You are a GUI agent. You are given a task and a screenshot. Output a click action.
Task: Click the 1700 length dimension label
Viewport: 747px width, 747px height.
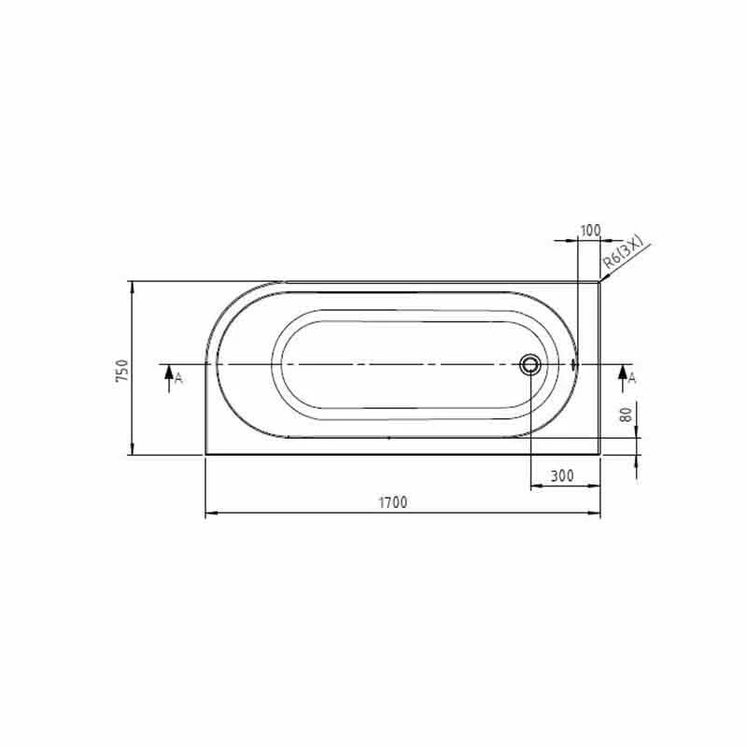(x=392, y=502)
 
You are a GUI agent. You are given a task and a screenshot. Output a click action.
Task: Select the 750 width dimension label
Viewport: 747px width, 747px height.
(x=120, y=370)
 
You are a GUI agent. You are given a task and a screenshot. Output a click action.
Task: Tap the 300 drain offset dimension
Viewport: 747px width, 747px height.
(x=561, y=476)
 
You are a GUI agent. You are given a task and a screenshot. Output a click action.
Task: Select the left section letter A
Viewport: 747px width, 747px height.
(x=179, y=377)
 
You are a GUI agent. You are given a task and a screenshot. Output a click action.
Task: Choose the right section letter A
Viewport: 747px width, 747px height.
(x=632, y=377)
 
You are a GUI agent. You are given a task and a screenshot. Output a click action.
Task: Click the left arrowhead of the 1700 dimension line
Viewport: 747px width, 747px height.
(x=209, y=514)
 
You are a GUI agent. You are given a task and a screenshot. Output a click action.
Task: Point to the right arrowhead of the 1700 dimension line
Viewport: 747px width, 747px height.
(x=597, y=514)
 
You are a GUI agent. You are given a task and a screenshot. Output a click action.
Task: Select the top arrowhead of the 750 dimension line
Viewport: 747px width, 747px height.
(x=133, y=285)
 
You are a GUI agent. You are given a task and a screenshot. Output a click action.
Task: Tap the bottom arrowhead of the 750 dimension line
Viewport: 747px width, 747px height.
(x=133, y=451)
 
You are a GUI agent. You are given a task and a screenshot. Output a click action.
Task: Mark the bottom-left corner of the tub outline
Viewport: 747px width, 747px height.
(x=205, y=455)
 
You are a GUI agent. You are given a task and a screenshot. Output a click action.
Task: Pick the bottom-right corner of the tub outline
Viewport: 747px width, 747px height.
(x=600, y=455)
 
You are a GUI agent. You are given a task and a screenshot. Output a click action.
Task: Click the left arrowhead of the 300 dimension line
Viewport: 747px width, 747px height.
(x=534, y=486)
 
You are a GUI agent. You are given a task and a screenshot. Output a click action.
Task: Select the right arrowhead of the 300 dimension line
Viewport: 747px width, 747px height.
(x=597, y=486)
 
